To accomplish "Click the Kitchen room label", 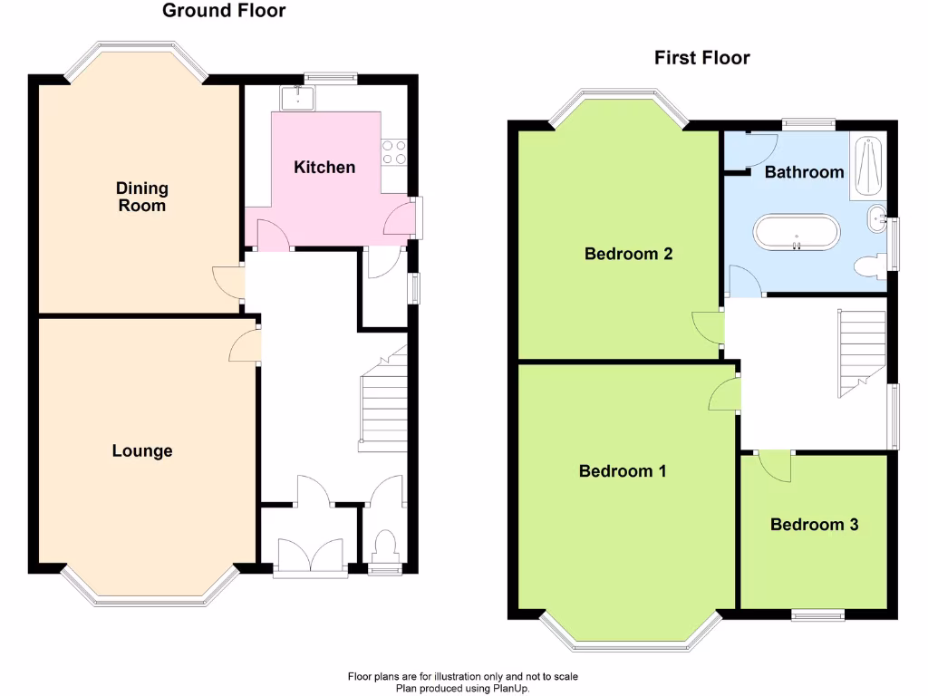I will coord(324,167).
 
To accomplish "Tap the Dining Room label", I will coord(142,197).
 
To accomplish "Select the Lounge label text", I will coord(142,451).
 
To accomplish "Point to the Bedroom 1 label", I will coord(623,471).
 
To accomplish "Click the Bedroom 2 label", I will coord(628,254).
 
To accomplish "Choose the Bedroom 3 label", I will coord(814,525).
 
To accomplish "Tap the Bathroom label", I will coord(804,172).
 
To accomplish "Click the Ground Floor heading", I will coord(224,11).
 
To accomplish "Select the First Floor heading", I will coord(702,58).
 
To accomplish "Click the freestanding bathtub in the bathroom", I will coord(797,232).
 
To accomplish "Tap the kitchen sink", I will coord(297,96).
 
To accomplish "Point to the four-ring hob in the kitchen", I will coord(394,152).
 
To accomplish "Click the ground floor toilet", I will coord(385,547).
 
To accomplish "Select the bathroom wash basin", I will coord(876,218).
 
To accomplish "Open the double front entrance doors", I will coord(311,555).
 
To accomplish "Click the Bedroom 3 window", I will coord(818,616).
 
